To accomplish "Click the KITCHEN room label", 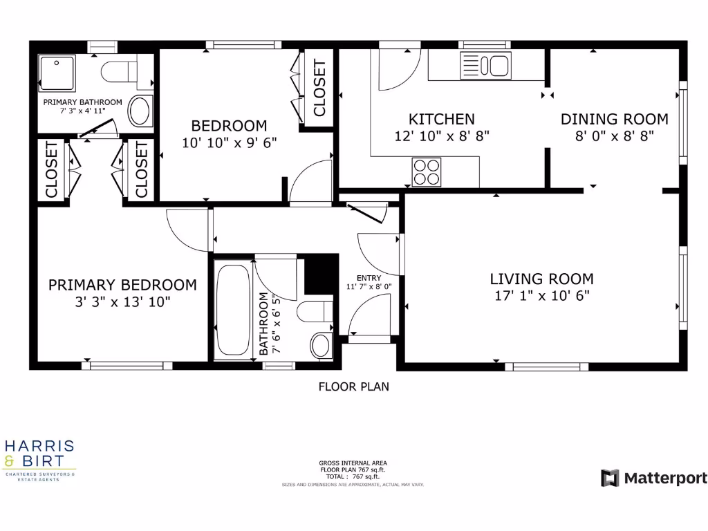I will (x=441, y=119).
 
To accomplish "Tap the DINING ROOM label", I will (x=614, y=119).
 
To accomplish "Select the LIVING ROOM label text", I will (x=541, y=279).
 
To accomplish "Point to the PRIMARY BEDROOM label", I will (x=122, y=285).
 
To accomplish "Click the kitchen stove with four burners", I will (x=427, y=171).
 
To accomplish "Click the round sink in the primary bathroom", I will (x=140, y=111).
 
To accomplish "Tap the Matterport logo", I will (x=653, y=478).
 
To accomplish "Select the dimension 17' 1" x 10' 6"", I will (x=541, y=296).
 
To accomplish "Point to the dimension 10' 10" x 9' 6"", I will (x=229, y=143).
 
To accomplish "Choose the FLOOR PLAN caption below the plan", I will (x=353, y=386).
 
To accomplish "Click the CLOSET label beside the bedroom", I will (x=319, y=88).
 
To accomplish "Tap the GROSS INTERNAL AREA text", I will (x=353, y=463).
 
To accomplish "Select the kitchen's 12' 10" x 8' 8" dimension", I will (x=441, y=136).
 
